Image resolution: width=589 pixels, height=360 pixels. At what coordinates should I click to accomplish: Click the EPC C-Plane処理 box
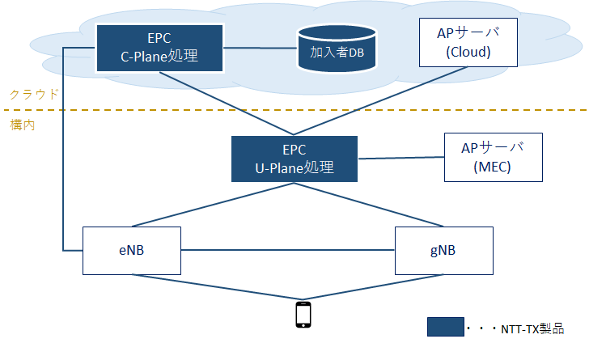pos(159,48)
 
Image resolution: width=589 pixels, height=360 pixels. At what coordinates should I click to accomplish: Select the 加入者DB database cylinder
pos(337,49)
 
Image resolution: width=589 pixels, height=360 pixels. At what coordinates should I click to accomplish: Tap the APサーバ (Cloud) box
pos(468,42)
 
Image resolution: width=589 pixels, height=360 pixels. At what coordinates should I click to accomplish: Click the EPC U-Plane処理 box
pos(294,159)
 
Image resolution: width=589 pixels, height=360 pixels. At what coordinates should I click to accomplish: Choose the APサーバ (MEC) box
pos(494,157)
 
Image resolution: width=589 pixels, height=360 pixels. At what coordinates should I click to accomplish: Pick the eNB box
pos(131,251)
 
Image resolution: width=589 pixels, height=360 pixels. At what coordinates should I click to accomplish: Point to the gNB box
pos(443,251)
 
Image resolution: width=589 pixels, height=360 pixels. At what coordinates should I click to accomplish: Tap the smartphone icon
pos(303,315)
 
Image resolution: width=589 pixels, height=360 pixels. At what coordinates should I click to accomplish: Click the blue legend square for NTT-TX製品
pos(446,327)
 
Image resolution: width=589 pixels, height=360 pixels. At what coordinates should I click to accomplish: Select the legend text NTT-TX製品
pos(532,329)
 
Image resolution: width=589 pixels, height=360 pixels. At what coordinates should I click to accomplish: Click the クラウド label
pos(34,94)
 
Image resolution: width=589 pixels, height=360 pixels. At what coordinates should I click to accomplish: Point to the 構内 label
pos(23,125)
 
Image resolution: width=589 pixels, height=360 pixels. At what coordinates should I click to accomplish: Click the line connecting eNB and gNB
pos(288,250)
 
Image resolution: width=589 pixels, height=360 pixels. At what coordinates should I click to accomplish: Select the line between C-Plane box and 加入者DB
pos(261,48)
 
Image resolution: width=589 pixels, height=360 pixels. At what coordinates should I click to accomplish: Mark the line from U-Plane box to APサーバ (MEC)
pos(400,158)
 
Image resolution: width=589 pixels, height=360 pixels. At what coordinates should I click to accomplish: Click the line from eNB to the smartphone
pos(217,287)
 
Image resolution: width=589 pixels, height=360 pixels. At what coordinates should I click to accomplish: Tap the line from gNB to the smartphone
pos(374,287)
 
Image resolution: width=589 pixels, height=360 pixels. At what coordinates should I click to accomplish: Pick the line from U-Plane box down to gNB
pos(369,205)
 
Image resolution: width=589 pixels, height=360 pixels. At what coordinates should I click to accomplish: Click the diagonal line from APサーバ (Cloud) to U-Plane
pos(380,100)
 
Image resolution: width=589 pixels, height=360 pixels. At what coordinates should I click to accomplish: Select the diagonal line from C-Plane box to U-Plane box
pos(227,103)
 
